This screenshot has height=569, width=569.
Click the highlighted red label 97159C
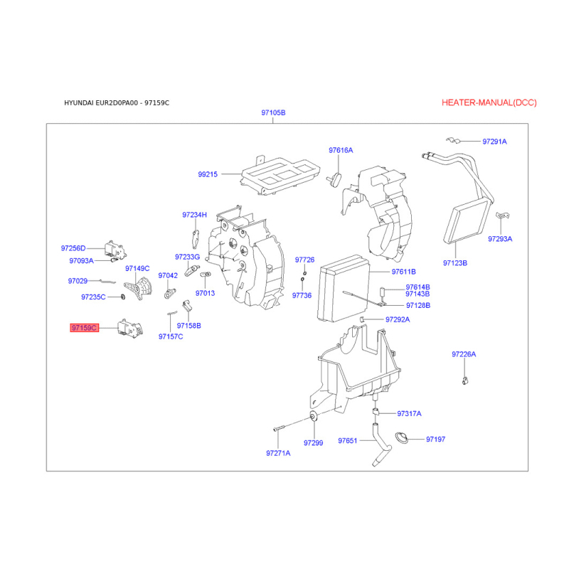click(x=84, y=328)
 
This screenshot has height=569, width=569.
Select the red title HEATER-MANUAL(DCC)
click(x=489, y=102)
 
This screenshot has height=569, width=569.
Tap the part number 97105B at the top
click(x=273, y=112)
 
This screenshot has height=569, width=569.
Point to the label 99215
click(x=208, y=174)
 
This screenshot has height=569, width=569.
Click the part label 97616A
click(x=341, y=150)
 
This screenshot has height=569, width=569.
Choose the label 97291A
click(x=494, y=142)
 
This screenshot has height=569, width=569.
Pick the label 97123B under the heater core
click(x=455, y=263)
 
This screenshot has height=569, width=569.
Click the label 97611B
click(x=403, y=272)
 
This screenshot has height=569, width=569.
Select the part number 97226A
click(x=464, y=354)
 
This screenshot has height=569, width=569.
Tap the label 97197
click(x=435, y=440)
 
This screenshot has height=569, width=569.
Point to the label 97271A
click(x=278, y=453)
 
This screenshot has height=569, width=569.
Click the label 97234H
click(x=194, y=215)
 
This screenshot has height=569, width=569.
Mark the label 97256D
click(x=73, y=248)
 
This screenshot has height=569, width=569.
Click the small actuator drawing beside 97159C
click(x=129, y=329)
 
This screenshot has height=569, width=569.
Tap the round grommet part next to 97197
click(x=402, y=438)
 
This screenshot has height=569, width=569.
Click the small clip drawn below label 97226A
click(x=465, y=381)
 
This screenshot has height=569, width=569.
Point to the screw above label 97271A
click(x=277, y=429)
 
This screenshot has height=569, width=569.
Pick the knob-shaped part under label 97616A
click(x=336, y=179)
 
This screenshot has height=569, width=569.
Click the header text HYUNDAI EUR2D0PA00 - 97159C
click(x=117, y=103)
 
